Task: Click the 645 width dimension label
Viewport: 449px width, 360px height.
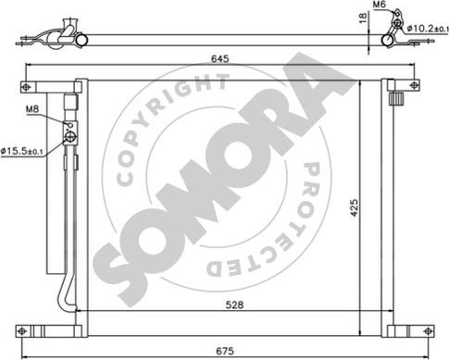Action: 219,58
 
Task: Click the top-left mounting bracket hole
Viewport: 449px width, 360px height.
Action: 27,87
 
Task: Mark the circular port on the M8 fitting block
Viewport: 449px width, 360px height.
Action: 69,138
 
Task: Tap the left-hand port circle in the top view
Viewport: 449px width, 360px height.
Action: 80,40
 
